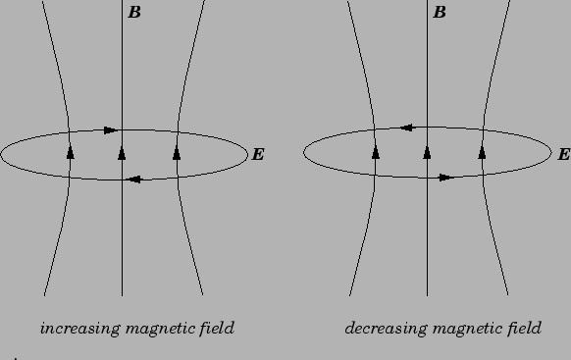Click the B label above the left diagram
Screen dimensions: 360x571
134,13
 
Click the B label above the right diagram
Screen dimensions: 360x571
440,13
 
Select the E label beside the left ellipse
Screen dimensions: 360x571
258,155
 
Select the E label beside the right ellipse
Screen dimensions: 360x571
563,155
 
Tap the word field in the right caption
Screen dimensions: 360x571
523,328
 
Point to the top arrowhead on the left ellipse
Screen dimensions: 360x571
110,129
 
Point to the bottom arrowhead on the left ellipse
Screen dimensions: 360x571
134,180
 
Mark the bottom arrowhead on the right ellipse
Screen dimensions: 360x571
445,178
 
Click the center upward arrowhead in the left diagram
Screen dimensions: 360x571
122,152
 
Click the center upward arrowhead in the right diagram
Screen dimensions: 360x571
427,152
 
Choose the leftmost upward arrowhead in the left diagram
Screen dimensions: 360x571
71,152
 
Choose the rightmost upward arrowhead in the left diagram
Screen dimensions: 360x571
177,152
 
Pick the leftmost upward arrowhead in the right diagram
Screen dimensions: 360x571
376,152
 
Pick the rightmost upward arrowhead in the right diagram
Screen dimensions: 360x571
482,152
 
